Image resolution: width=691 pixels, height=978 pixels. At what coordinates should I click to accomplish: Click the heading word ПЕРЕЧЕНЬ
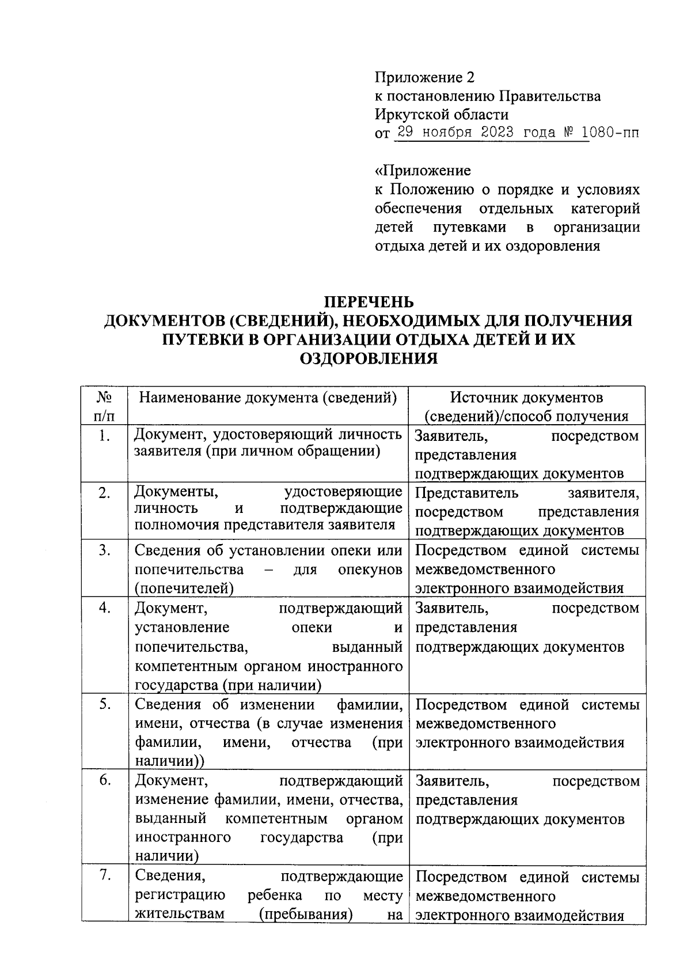pyautogui.click(x=368, y=302)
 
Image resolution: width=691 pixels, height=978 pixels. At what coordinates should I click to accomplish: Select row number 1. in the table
pyautogui.click(x=104, y=436)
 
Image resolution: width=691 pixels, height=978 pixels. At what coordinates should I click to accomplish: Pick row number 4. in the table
pyautogui.click(x=104, y=608)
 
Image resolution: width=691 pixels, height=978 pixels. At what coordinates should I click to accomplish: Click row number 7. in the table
pyautogui.click(x=104, y=877)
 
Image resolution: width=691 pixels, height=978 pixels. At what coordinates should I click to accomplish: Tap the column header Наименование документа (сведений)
pyautogui.click(x=268, y=397)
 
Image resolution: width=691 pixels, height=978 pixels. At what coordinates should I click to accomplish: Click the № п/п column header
pyautogui.click(x=104, y=406)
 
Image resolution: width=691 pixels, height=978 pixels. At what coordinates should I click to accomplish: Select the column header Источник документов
pyautogui.click(x=526, y=397)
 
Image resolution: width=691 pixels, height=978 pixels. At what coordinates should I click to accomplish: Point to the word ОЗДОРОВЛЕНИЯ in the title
pyautogui.click(x=368, y=358)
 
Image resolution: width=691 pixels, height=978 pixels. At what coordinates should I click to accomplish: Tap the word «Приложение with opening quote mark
pyautogui.click(x=423, y=171)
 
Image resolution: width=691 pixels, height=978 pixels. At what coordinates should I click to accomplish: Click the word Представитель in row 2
pyautogui.click(x=466, y=493)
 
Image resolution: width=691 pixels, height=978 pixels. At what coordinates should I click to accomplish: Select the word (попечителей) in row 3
pyautogui.click(x=184, y=588)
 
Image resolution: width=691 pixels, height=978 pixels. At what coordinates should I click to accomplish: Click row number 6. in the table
pyautogui.click(x=104, y=781)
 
